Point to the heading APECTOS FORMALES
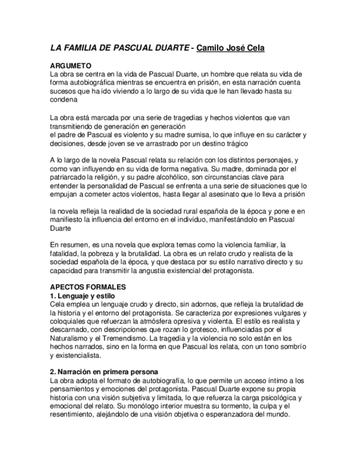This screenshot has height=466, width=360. (88, 287)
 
